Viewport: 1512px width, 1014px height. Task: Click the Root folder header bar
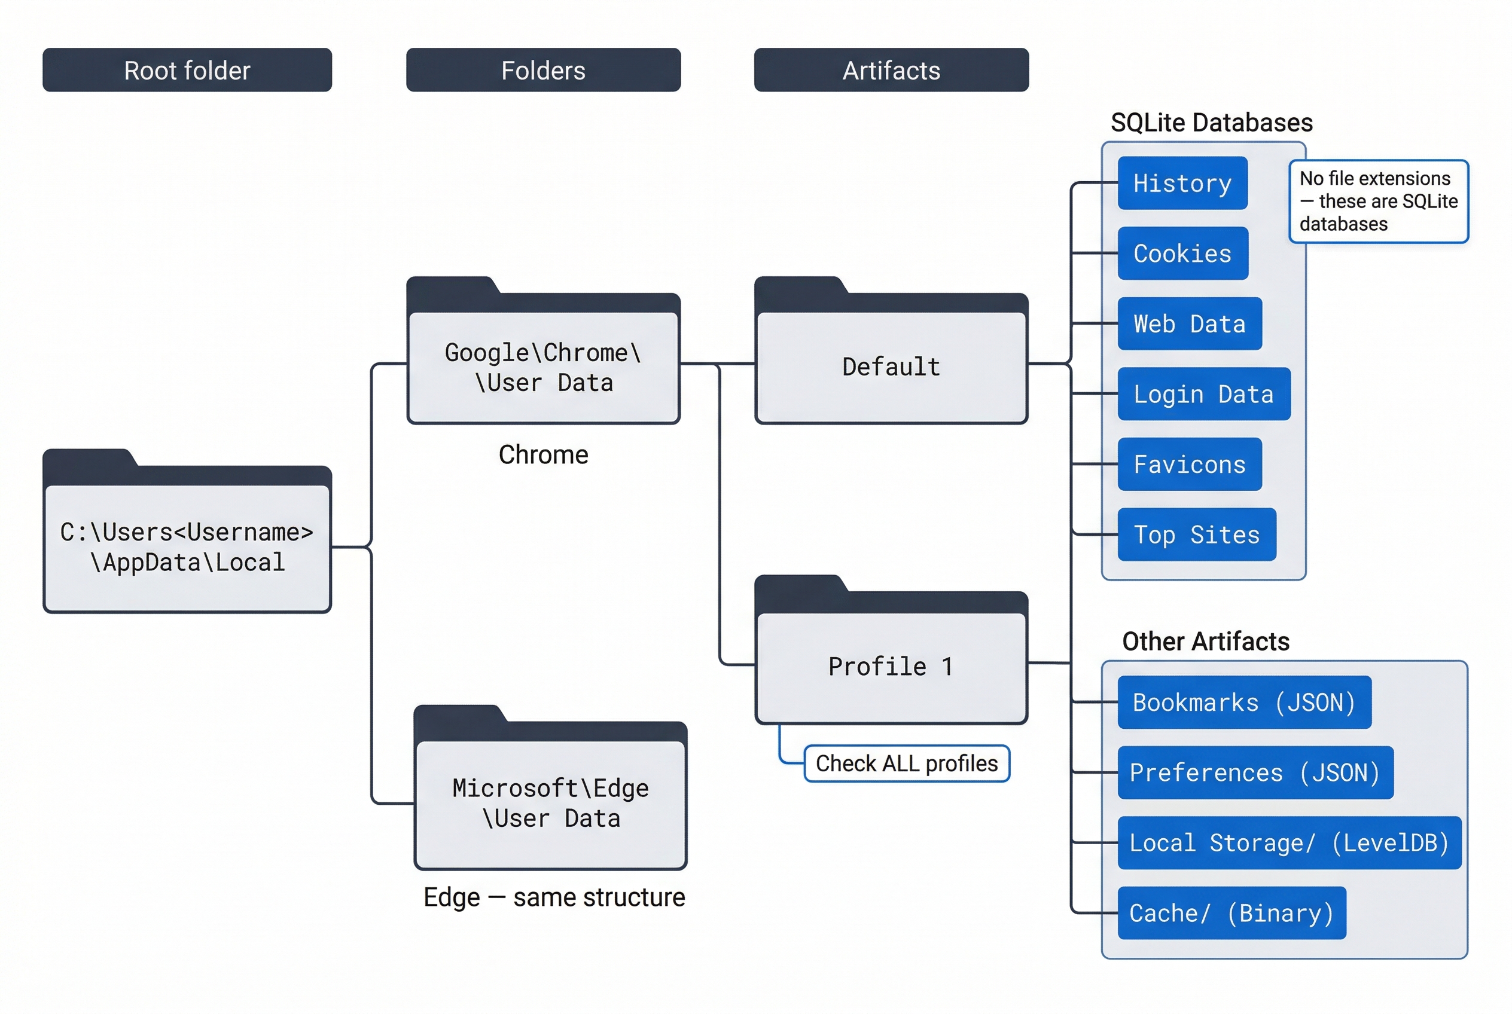point(187,70)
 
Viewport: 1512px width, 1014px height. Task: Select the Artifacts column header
point(891,70)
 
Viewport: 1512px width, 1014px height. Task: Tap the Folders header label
point(543,70)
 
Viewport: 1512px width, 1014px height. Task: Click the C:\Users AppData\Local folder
point(187,546)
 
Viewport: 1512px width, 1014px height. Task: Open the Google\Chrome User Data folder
point(543,366)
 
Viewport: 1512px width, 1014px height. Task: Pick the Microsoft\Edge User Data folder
point(550,802)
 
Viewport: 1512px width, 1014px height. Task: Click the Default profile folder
point(891,366)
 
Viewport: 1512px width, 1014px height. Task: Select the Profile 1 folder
point(891,666)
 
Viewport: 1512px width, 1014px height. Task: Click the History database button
point(1182,183)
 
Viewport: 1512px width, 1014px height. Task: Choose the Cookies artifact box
point(1182,253)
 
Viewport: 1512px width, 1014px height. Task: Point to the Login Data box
point(1203,394)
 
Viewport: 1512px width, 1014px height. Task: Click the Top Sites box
point(1196,534)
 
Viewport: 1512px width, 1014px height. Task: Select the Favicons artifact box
point(1189,465)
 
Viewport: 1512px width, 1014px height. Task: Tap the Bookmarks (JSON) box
point(1243,703)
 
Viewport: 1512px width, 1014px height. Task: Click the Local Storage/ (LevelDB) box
point(1289,842)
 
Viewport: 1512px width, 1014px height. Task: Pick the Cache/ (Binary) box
point(1231,913)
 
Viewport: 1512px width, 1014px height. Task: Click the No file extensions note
point(1378,201)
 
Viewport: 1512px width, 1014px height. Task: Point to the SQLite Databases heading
point(1211,122)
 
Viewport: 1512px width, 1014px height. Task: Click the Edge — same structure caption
point(554,897)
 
